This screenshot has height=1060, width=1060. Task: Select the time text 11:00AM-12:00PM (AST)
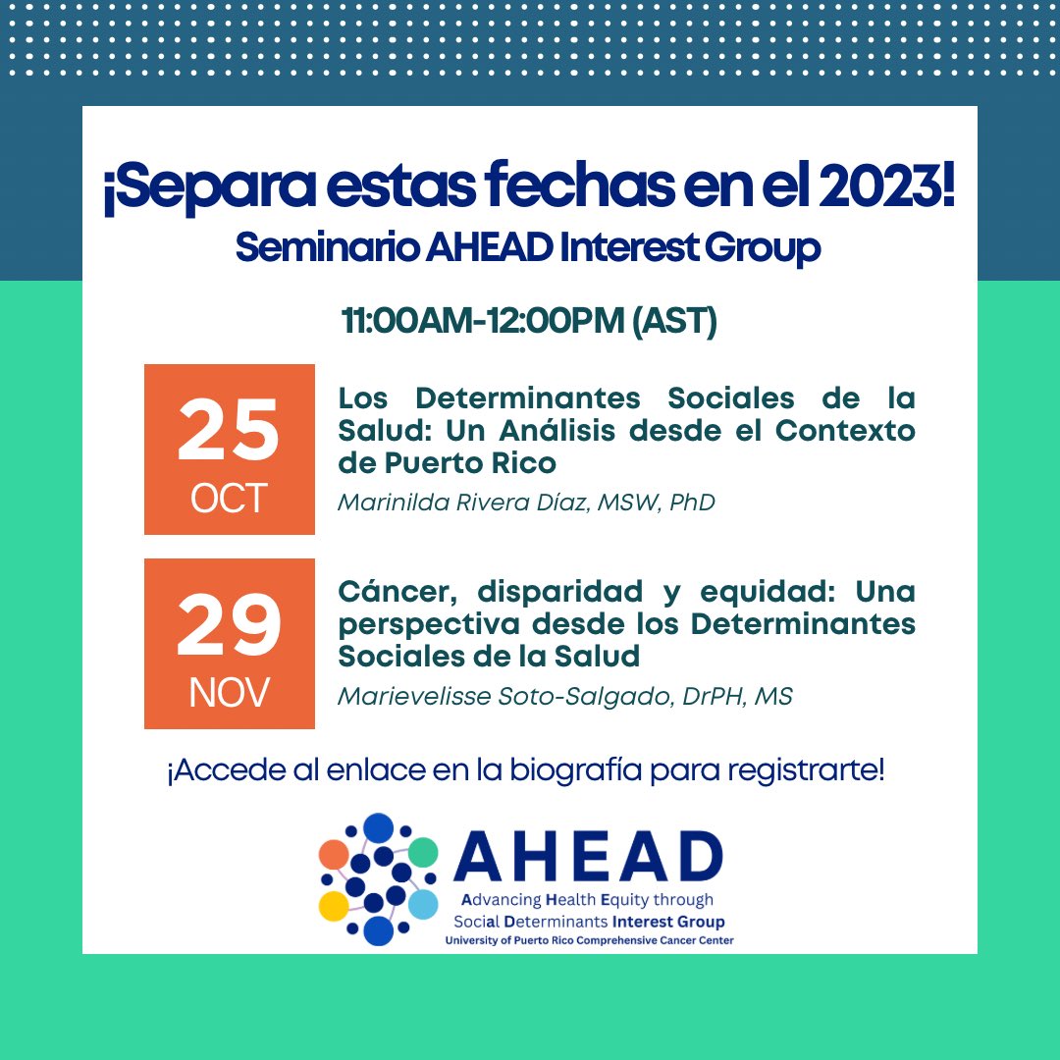529,321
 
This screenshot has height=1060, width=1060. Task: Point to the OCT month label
229,498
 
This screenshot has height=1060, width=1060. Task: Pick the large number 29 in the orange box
229,628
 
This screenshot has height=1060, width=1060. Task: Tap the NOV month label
229,693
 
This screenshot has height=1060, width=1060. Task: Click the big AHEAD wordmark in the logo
588,858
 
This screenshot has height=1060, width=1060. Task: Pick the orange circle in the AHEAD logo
334,854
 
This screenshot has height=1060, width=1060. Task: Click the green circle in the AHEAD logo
423,852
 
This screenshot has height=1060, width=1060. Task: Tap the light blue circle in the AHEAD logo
423,904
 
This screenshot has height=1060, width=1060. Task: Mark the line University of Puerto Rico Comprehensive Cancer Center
589,940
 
